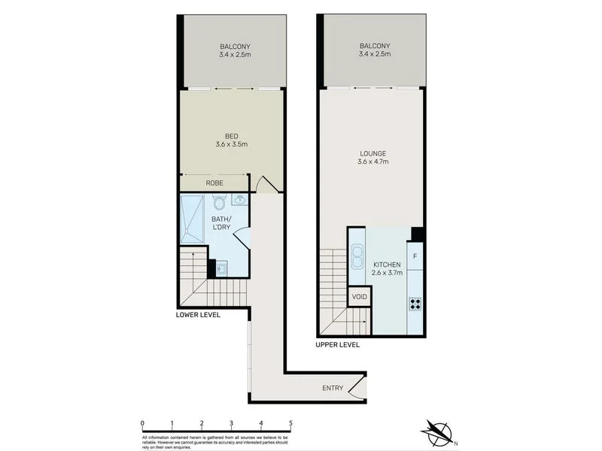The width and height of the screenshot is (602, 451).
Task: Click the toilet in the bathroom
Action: [x=219, y=202]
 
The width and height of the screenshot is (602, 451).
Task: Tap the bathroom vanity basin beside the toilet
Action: [x=240, y=200]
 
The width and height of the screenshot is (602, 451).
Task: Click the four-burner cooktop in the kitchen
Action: [x=415, y=304]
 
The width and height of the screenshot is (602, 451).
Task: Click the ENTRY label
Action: [x=333, y=388]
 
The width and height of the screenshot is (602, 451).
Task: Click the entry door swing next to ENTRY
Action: [x=359, y=388]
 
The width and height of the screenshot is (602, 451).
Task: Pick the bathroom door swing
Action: [x=242, y=239]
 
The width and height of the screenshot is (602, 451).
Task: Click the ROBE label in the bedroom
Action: [x=214, y=183]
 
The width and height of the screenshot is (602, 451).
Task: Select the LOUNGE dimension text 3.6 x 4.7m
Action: [x=372, y=162]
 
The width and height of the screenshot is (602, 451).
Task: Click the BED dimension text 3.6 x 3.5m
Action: [x=231, y=144]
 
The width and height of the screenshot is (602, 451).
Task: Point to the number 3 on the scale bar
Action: [x=231, y=424]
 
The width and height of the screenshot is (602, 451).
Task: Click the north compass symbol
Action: [x=436, y=432]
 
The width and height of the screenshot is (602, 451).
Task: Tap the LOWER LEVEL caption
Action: [x=198, y=315]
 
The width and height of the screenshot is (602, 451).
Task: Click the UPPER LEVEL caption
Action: [x=338, y=345]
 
